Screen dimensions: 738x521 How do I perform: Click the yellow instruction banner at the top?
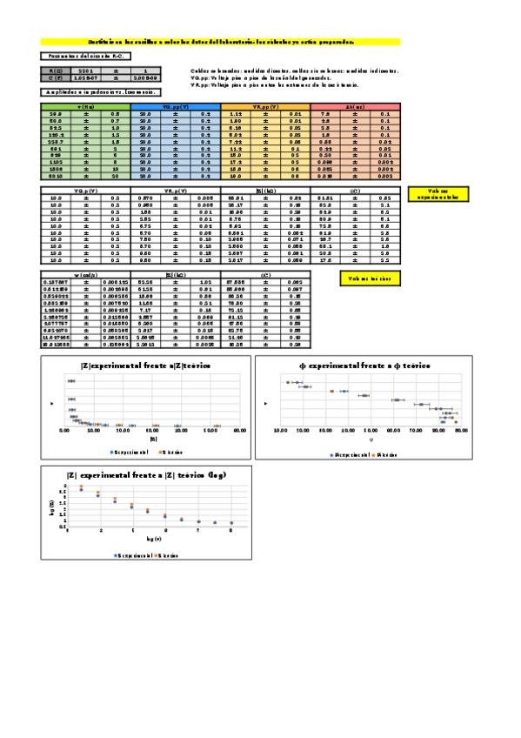(x=220, y=41)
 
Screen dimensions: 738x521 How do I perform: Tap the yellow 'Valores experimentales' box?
(x=437, y=194)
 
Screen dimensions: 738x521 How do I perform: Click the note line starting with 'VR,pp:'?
(x=275, y=85)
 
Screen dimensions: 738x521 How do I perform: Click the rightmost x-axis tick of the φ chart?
(x=460, y=430)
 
